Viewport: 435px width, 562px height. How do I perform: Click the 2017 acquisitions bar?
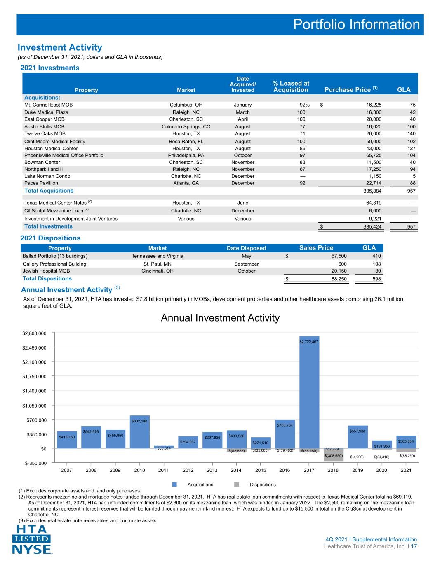(x=309, y=392)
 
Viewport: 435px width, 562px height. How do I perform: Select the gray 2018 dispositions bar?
(x=334, y=455)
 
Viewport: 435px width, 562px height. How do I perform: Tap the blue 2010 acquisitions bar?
(x=139, y=431)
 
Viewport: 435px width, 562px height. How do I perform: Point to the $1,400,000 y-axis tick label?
(x=35, y=391)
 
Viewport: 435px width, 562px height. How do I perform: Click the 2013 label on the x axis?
(x=212, y=470)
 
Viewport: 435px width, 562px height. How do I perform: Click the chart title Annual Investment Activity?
(x=220, y=318)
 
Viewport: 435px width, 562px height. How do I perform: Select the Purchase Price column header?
(x=351, y=89)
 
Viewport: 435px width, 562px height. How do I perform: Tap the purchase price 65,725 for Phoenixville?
(x=374, y=156)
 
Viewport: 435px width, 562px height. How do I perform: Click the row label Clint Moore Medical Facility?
(x=55, y=142)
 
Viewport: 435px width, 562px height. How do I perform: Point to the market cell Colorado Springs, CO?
(x=186, y=127)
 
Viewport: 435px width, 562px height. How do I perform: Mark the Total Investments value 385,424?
(x=372, y=226)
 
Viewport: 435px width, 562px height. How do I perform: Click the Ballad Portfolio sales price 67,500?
(x=339, y=256)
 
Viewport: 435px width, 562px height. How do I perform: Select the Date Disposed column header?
(x=247, y=248)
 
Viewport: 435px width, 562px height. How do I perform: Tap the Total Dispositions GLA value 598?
(x=376, y=279)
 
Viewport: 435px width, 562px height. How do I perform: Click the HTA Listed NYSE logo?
(x=32, y=539)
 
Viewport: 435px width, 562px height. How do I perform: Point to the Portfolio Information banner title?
(x=356, y=25)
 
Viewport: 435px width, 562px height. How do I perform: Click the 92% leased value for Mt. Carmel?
(x=304, y=105)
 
